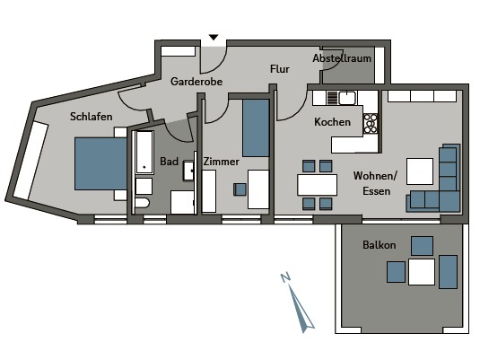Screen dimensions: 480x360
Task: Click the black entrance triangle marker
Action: [214, 38]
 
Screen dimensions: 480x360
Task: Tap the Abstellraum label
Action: [342, 58]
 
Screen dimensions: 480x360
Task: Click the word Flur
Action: [280, 69]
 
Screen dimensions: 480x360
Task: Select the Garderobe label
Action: [196, 82]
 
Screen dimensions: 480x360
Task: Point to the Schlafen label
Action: [91, 117]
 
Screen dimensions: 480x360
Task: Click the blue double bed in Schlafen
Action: [100, 163]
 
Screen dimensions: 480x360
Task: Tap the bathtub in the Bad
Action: [144, 153]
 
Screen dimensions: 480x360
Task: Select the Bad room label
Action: [169, 162]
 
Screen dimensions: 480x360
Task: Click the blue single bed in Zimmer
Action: [256, 127]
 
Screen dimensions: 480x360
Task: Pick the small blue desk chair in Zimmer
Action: [240, 189]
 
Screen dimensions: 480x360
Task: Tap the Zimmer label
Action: [221, 162]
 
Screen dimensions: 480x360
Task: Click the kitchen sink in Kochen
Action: [347, 98]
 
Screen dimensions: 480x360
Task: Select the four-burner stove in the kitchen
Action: [371, 124]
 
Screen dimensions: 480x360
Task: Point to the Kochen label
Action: [332, 122]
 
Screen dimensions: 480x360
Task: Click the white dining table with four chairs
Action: [317, 185]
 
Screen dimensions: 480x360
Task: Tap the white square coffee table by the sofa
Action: [420, 171]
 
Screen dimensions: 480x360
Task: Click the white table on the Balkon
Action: [422, 272]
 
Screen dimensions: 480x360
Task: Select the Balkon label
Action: [379, 245]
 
